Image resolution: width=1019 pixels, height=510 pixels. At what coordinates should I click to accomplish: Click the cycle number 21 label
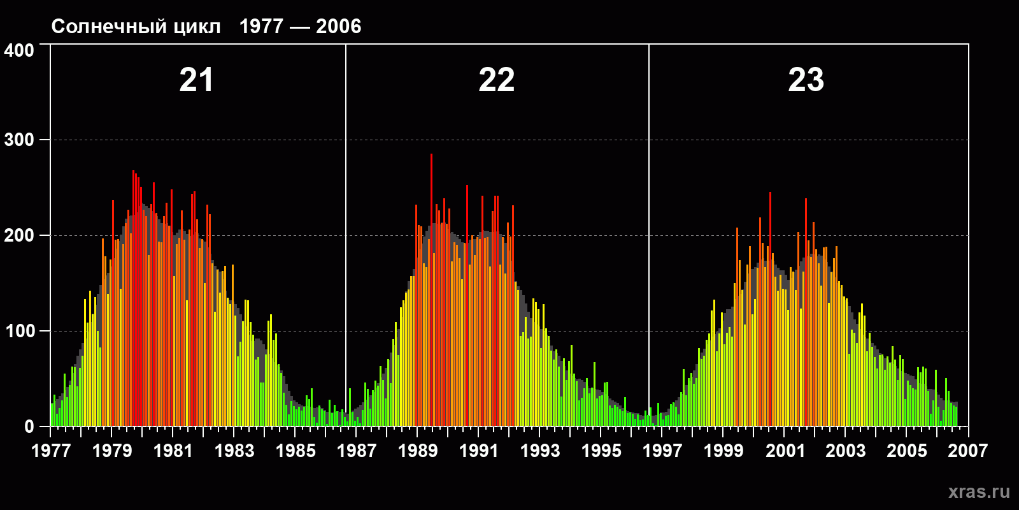click(x=196, y=80)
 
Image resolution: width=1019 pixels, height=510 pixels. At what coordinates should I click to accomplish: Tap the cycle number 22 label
click(x=497, y=80)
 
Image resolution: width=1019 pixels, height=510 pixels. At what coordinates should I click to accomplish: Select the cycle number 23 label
click(x=806, y=80)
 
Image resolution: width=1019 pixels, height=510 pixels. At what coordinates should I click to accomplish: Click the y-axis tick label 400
click(x=19, y=50)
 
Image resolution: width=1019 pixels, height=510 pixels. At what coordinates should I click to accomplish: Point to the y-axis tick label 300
click(x=19, y=140)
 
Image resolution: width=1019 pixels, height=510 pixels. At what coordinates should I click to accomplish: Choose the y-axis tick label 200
click(x=19, y=235)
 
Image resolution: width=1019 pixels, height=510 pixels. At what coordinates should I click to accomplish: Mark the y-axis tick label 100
click(x=19, y=331)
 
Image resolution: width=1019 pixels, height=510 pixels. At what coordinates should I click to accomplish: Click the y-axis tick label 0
click(x=29, y=426)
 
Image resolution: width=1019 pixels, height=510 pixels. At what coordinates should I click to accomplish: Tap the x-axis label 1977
click(x=51, y=451)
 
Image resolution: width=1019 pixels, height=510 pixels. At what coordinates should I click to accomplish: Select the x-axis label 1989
click(x=418, y=451)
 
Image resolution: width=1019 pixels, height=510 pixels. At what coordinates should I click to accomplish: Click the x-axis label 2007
click(x=967, y=451)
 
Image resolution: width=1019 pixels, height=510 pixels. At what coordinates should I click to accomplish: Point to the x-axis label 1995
click(x=601, y=451)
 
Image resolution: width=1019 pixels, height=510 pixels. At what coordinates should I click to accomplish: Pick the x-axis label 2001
click(x=785, y=451)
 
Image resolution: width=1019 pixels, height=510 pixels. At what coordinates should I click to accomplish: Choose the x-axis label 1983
click(x=234, y=451)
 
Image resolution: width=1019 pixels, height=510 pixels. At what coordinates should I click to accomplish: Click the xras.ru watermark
click(x=979, y=492)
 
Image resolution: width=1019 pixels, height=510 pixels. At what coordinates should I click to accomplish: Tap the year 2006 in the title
click(x=338, y=27)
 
